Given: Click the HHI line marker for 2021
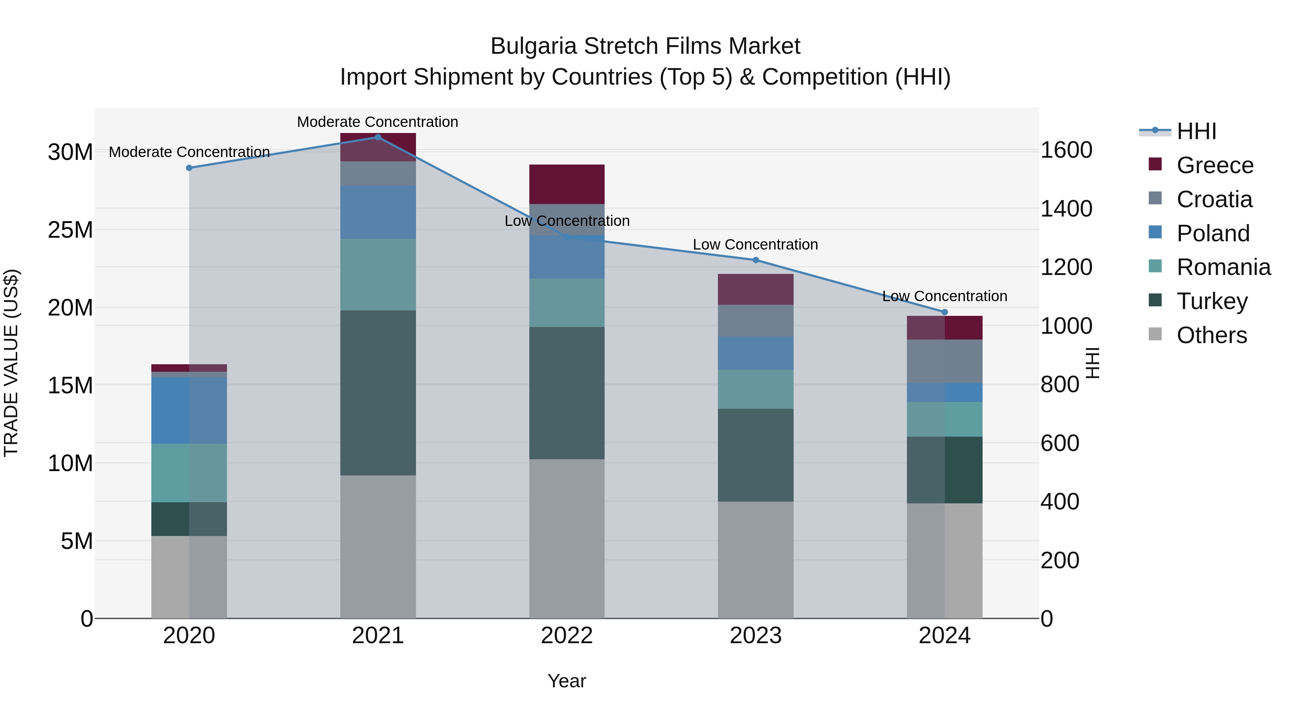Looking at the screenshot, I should [378, 137].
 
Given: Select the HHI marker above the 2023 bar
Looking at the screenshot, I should [756, 260].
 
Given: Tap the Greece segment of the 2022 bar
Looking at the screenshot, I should [567, 184].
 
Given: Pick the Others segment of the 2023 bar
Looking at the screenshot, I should [756, 560].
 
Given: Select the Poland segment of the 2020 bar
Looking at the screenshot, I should [189, 411].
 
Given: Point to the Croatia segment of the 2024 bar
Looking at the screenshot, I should [945, 361].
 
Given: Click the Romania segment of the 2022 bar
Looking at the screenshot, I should [567, 303].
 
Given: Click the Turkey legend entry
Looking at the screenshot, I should [1211, 301].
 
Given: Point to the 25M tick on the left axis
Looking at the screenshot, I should [70, 230].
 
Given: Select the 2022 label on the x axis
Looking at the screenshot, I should [567, 636].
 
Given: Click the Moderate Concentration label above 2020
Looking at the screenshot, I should [189, 152].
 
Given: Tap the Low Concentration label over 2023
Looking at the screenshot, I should [755, 245].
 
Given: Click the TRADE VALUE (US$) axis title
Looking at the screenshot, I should [11, 363].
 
